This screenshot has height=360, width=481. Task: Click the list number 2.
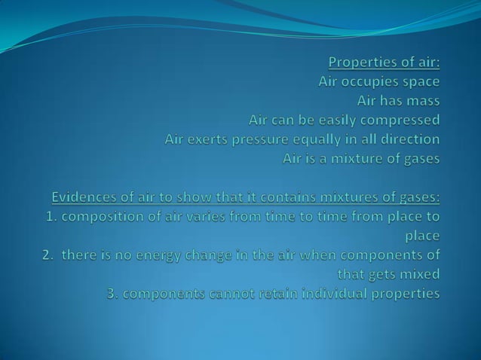(47, 255)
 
